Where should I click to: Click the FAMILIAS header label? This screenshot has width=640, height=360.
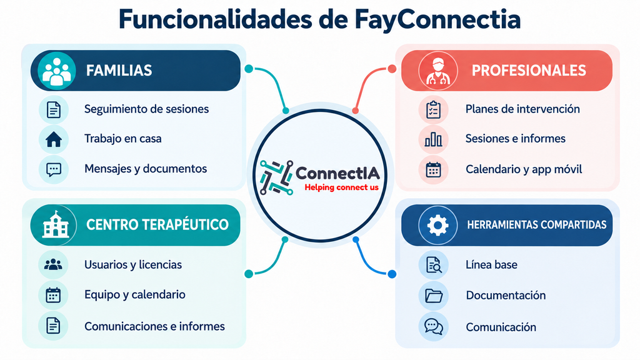119,71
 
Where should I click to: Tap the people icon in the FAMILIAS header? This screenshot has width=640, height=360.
57,71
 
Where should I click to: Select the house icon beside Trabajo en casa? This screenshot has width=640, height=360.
54,139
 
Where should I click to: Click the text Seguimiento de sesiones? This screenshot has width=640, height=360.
146,109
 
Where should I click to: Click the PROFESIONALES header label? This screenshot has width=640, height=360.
529,71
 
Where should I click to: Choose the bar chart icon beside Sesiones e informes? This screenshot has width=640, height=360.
433,139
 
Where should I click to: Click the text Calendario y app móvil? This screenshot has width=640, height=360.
524,169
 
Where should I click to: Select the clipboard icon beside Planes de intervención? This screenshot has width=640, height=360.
433,110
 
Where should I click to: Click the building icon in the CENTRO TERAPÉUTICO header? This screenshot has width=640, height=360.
56,224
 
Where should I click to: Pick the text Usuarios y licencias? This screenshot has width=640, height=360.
133,265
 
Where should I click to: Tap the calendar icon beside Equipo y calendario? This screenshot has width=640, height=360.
53,295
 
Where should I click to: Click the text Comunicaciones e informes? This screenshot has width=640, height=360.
155,326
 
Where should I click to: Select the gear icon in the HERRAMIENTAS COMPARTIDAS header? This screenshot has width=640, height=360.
437,225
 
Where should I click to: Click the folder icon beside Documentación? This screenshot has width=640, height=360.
434,296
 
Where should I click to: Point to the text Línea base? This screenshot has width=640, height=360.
491,265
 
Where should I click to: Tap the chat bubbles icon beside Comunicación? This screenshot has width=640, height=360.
434,326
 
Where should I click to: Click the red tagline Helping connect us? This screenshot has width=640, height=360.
342,187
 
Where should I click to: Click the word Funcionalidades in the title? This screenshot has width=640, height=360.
216,19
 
